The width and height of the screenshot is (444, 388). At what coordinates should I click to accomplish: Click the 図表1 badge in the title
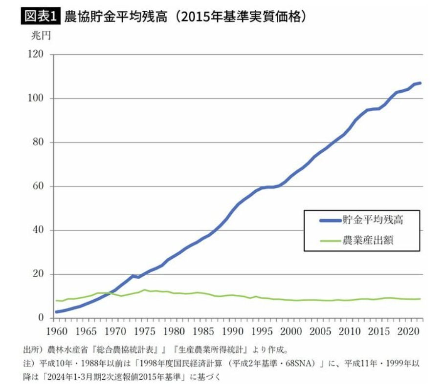(41, 16)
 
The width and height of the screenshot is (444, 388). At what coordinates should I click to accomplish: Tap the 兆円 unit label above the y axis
(41, 36)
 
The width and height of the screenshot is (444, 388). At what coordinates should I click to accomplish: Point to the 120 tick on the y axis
(36, 54)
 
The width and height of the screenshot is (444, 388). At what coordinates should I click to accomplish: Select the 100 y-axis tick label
(36, 98)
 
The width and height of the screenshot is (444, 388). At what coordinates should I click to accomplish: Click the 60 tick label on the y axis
(38, 186)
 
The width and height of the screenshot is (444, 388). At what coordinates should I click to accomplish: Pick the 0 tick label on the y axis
(41, 318)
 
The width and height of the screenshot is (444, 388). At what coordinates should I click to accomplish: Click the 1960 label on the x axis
(57, 331)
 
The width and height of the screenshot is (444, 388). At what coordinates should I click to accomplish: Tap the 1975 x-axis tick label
(144, 331)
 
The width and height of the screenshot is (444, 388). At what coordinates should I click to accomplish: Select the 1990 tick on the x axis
(232, 331)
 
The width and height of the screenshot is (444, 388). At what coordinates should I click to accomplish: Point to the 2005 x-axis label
(320, 331)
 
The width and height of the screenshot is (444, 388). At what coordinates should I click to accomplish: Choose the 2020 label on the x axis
(408, 331)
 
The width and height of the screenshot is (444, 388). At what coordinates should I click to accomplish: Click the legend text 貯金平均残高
(373, 220)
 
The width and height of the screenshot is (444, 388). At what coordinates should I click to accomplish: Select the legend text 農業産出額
(368, 240)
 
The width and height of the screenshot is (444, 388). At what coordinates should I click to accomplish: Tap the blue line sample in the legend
(331, 221)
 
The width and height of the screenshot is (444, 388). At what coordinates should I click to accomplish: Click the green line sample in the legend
(331, 241)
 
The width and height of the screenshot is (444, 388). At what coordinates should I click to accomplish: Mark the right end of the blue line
(420, 83)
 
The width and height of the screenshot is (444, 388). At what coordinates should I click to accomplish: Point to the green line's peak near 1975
(144, 290)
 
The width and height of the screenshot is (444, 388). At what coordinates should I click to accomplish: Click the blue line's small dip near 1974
(138, 277)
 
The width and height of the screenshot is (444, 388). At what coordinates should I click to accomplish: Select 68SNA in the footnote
(300, 363)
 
